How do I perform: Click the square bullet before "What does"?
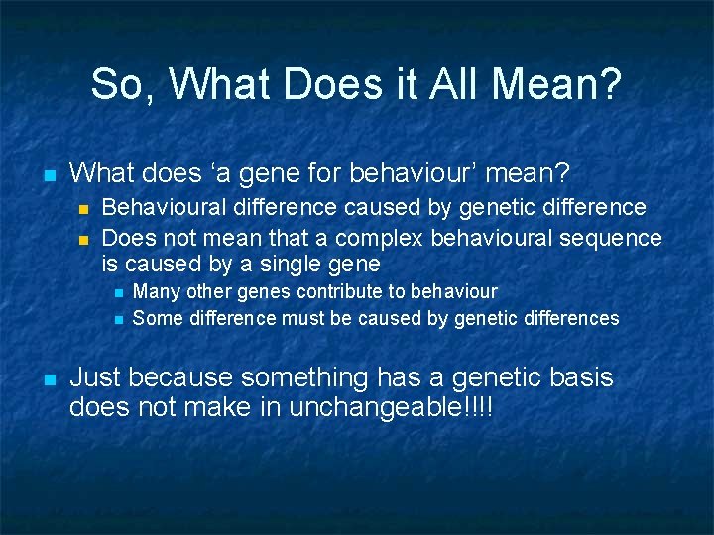47,175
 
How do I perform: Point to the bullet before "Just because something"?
47,379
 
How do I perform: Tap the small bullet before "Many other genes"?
116,293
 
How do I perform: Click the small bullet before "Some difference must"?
116,319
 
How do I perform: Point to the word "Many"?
154,292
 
